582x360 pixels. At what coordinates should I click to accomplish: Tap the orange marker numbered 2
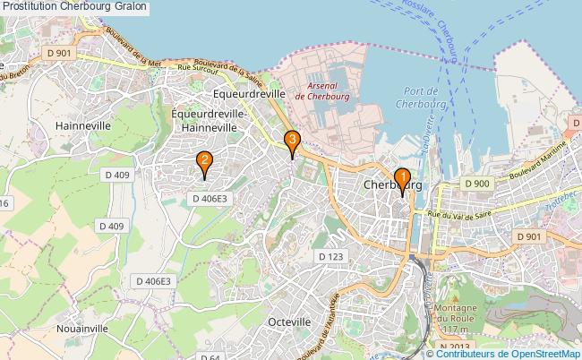[x=204, y=163]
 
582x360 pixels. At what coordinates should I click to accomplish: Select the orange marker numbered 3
[x=291, y=141]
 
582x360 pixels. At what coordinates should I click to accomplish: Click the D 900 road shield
[x=476, y=184]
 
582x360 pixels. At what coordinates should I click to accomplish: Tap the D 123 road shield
[x=330, y=256]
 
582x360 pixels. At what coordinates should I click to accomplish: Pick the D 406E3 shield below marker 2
[x=211, y=200]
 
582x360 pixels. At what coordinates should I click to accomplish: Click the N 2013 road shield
[x=456, y=347]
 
